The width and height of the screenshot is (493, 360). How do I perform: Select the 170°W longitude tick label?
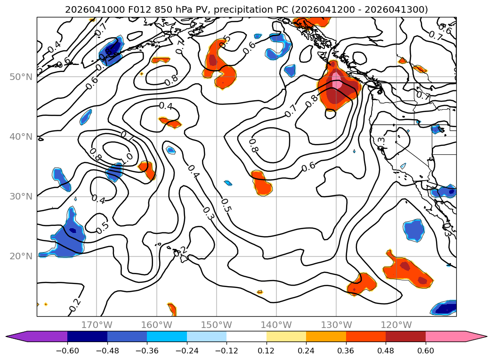pos(97,325)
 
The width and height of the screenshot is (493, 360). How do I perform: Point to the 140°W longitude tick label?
pos(276,325)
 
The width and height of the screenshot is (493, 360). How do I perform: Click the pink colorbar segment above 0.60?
pos(452,336)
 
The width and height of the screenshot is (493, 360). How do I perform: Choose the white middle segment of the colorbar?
pos(246,336)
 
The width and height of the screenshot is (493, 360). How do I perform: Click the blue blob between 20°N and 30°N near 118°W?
pos(413,230)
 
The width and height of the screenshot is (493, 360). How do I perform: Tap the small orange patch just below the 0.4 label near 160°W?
pos(170,122)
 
